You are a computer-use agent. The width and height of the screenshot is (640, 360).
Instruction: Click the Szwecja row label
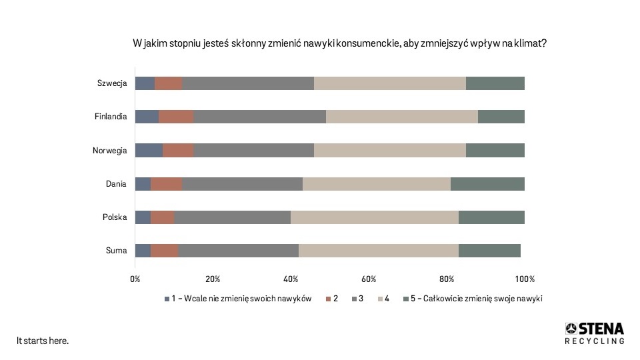111,83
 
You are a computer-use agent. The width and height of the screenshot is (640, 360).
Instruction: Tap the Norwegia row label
109,151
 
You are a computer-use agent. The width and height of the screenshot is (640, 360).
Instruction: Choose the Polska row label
114,217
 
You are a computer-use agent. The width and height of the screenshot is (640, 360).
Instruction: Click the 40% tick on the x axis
291,278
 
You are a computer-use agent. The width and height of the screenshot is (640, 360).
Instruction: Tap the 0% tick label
135,278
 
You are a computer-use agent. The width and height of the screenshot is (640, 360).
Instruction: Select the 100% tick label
525,278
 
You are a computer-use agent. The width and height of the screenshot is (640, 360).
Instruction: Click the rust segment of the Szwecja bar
168,83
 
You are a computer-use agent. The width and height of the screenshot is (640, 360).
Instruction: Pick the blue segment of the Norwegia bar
148,150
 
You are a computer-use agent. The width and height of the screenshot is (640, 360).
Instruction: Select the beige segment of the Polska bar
374,217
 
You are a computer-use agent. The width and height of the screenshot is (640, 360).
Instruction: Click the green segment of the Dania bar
487,183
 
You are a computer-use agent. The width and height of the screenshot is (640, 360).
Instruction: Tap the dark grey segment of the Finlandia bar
259,117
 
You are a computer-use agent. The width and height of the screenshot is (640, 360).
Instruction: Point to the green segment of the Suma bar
489,250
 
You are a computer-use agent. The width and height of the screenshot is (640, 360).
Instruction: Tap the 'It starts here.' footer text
43,341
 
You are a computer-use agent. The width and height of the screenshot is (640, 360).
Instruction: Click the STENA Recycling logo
595,333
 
